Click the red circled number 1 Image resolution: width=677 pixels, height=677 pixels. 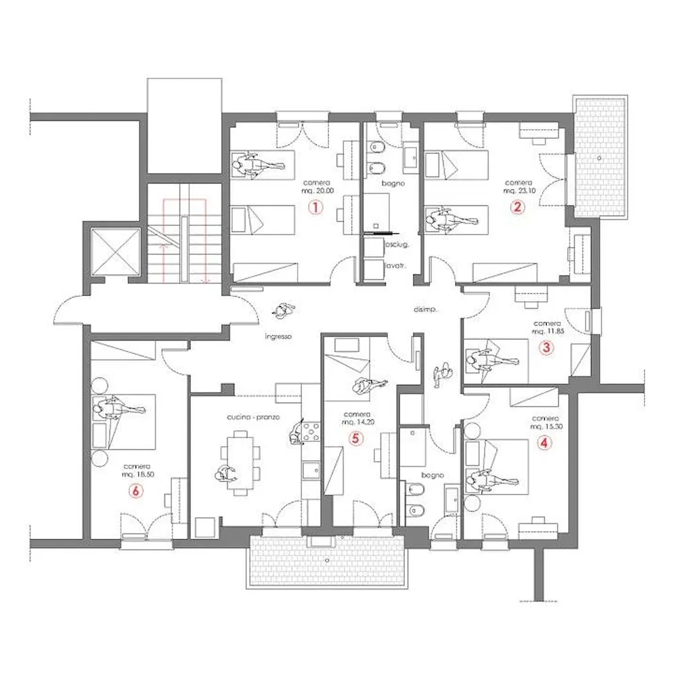pos(314,209)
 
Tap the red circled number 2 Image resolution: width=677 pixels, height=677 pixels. pos(517,209)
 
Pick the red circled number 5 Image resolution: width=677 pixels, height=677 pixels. pos(355,438)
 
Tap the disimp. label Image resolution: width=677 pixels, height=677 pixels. pos(424,309)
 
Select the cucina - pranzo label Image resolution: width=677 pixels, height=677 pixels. pos(254,418)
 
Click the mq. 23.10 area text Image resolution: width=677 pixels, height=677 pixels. pos(518,192)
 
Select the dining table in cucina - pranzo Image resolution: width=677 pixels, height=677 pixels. pos(241,458)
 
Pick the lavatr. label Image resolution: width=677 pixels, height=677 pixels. pos(395,267)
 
